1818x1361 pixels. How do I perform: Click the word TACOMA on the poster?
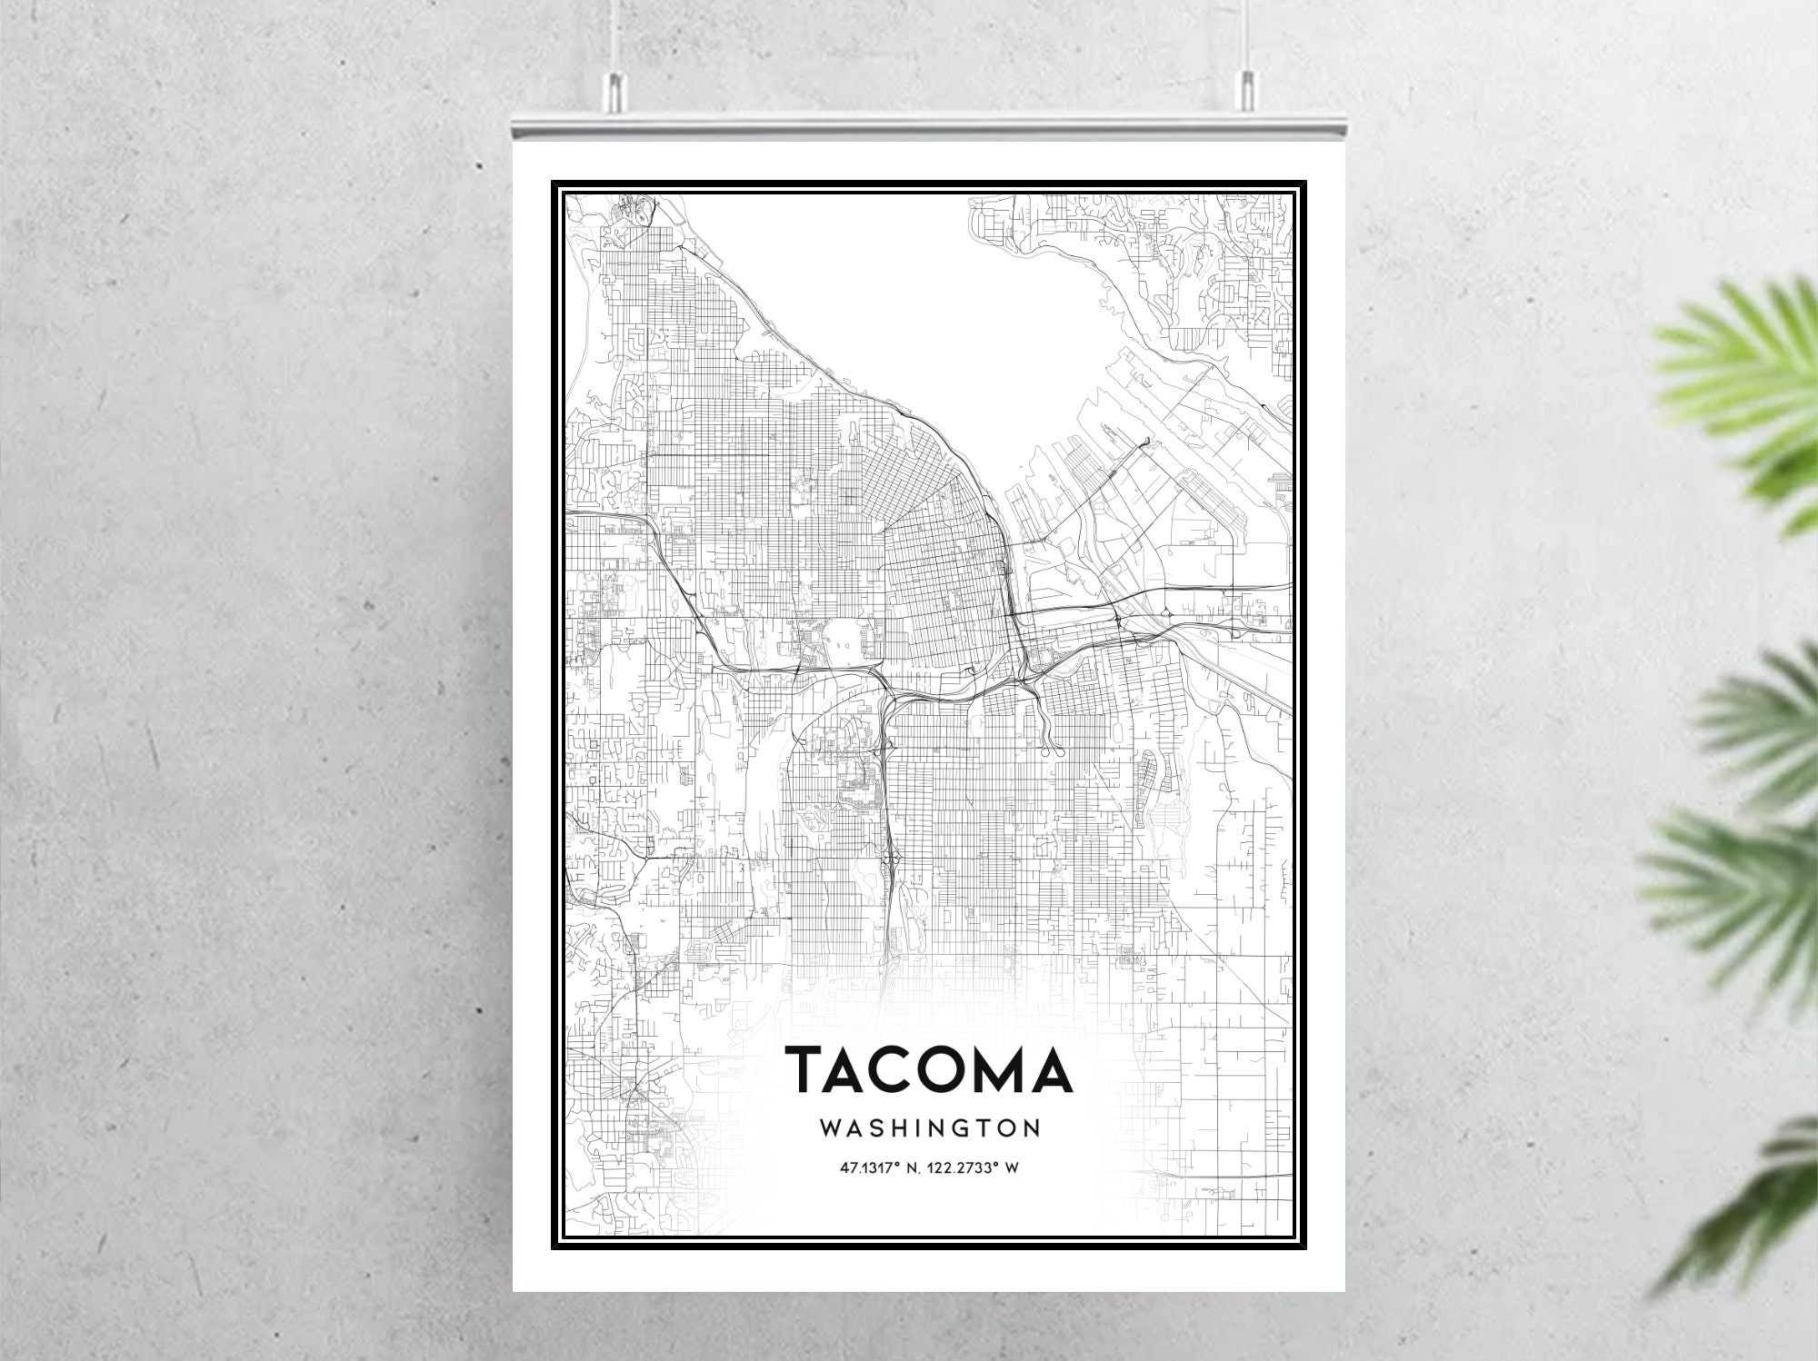tap(928, 1069)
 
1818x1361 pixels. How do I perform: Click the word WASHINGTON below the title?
tap(929, 1128)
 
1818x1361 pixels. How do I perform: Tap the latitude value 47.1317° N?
tap(879, 1168)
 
